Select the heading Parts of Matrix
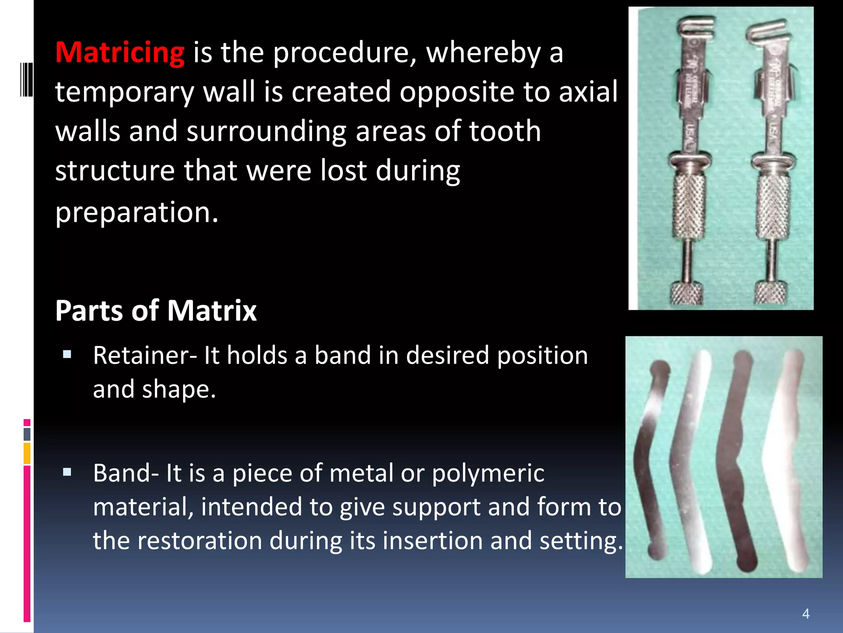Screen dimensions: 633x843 (156, 310)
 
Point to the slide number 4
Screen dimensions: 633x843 (806, 614)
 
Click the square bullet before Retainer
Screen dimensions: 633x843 (67, 354)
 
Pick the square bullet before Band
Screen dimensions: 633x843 (67, 472)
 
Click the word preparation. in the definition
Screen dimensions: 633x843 (137, 213)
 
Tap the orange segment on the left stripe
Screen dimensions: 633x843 (27, 453)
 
